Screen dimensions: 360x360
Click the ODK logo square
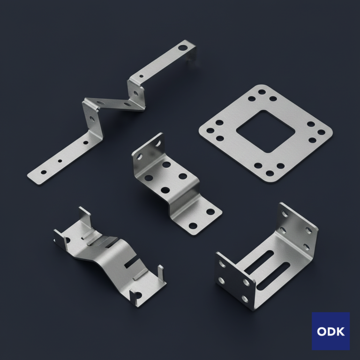[330, 331]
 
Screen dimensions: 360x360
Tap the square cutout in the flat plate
[266, 131]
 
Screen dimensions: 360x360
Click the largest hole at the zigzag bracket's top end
[183, 48]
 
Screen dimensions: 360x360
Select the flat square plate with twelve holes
[266, 134]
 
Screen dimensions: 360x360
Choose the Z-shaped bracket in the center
[177, 184]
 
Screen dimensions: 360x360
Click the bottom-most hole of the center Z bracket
[193, 225]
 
